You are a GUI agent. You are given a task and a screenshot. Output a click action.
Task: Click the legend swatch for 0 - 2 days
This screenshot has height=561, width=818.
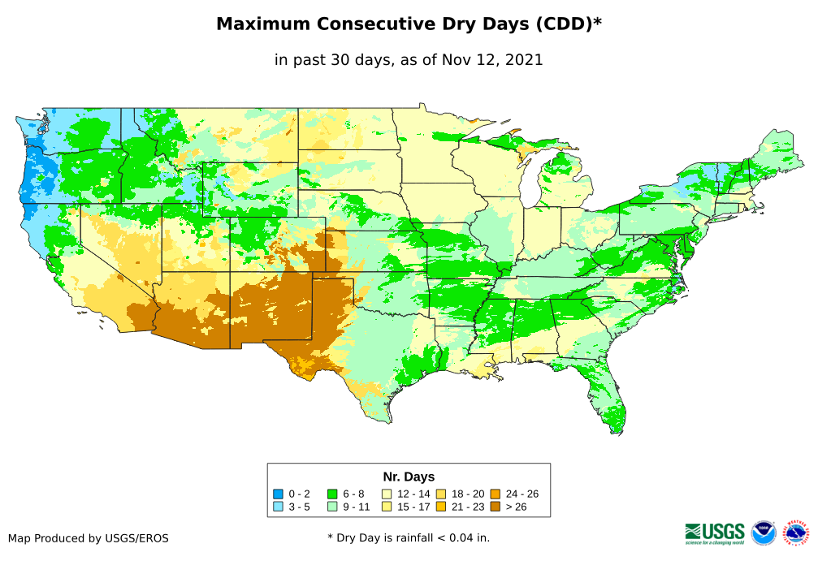click(279, 494)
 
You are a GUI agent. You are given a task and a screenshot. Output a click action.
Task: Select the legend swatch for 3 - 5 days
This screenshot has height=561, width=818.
click(279, 507)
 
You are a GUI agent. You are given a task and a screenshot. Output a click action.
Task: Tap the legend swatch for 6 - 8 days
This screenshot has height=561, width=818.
click(332, 494)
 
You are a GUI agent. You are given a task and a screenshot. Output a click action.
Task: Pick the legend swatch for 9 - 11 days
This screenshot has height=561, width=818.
click(332, 507)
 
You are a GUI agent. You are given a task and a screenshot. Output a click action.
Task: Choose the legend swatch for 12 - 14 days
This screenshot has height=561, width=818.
click(387, 494)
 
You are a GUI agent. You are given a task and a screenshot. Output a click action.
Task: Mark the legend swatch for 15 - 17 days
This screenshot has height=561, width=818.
click(387, 507)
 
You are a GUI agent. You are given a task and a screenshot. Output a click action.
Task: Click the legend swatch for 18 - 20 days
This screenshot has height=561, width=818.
click(441, 494)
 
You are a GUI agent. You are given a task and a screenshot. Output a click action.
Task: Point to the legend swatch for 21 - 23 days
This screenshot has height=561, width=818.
click(441, 507)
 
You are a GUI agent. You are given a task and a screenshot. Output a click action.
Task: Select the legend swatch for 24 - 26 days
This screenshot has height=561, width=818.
click(495, 494)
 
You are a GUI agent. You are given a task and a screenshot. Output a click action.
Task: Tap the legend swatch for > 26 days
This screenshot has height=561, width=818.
click(495, 507)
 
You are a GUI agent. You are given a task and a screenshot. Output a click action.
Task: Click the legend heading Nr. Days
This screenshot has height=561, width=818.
click(409, 477)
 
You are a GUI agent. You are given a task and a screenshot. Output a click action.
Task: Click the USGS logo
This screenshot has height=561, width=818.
click(715, 533)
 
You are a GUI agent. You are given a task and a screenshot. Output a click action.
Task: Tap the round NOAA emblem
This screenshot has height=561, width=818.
click(764, 533)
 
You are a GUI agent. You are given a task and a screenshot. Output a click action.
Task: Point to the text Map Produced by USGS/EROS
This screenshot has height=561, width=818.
click(89, 538)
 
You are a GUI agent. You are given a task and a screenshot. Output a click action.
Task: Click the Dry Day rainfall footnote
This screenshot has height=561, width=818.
click(409, 537)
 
